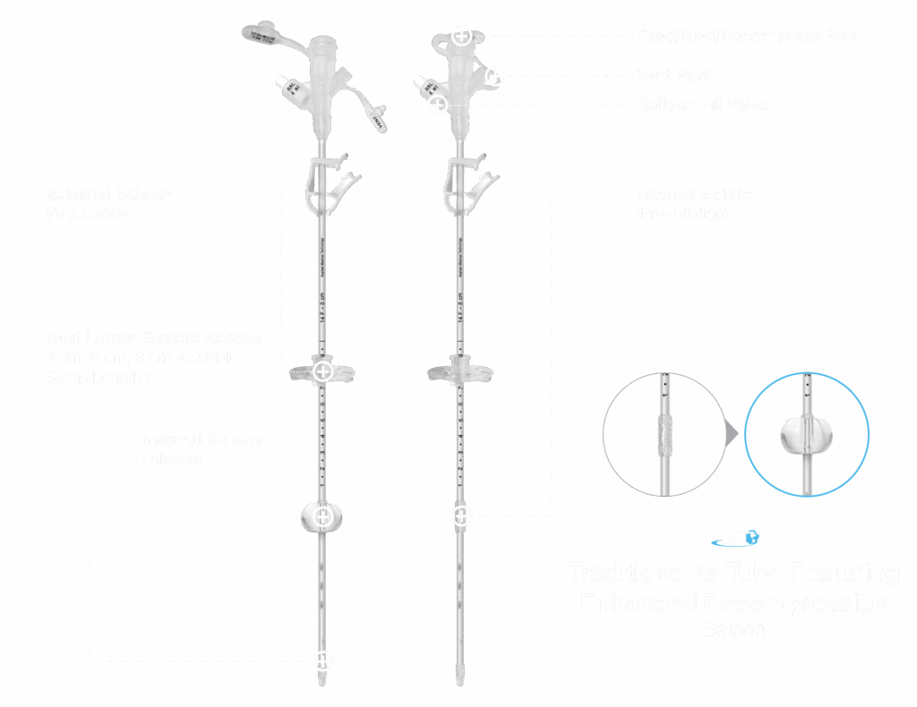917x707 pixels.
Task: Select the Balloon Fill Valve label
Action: (702, 105)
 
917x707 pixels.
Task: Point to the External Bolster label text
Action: (107, 194)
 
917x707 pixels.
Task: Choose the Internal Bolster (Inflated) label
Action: (202, 440)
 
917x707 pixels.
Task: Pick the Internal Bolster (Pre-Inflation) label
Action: (696, 194)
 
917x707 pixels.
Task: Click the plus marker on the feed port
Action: (461, 37)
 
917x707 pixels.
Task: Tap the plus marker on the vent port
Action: (495, 76)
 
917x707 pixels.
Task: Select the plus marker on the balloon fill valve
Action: (437, 105)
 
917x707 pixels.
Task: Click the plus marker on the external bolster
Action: (323, 371)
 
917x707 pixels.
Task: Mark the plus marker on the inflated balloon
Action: (323, 516)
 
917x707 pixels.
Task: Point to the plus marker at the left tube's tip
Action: (323, 661)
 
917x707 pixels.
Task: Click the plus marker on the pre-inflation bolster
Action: (460, 515)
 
